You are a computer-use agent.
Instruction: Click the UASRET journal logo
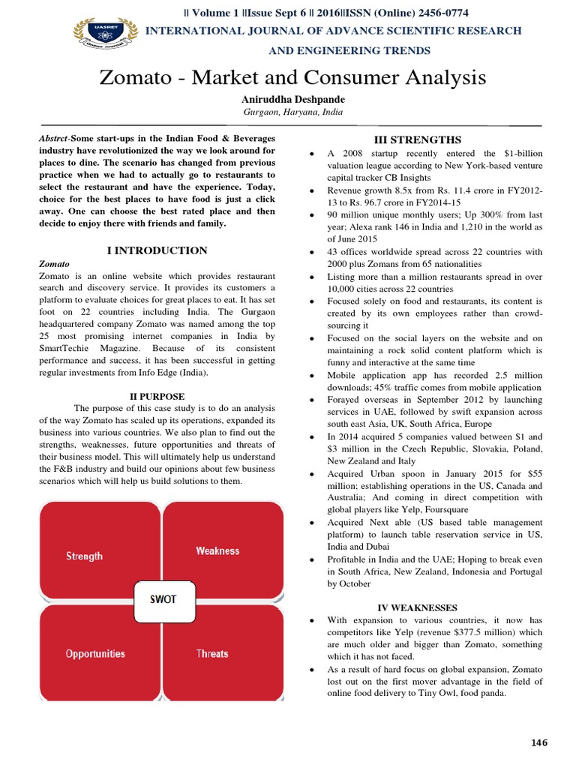click(105, 34)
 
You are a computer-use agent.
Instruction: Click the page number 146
click(539, 742)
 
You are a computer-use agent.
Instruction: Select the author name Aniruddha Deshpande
click(292, 98)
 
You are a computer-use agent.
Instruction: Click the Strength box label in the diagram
click(85, 556)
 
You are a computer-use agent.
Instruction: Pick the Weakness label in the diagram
click(217, 550)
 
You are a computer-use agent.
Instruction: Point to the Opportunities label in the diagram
click(95, 653)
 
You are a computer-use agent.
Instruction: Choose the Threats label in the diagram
click(212, 653)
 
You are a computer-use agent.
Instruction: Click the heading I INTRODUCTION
click(157, 250)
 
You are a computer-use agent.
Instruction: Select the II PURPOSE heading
click(157, 396)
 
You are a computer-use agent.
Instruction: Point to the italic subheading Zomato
click(54, 264)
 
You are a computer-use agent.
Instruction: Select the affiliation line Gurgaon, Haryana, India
click(292, 112)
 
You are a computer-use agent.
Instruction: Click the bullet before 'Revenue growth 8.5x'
click(311, 190)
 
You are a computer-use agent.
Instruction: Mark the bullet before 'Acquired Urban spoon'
click(311, 474)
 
